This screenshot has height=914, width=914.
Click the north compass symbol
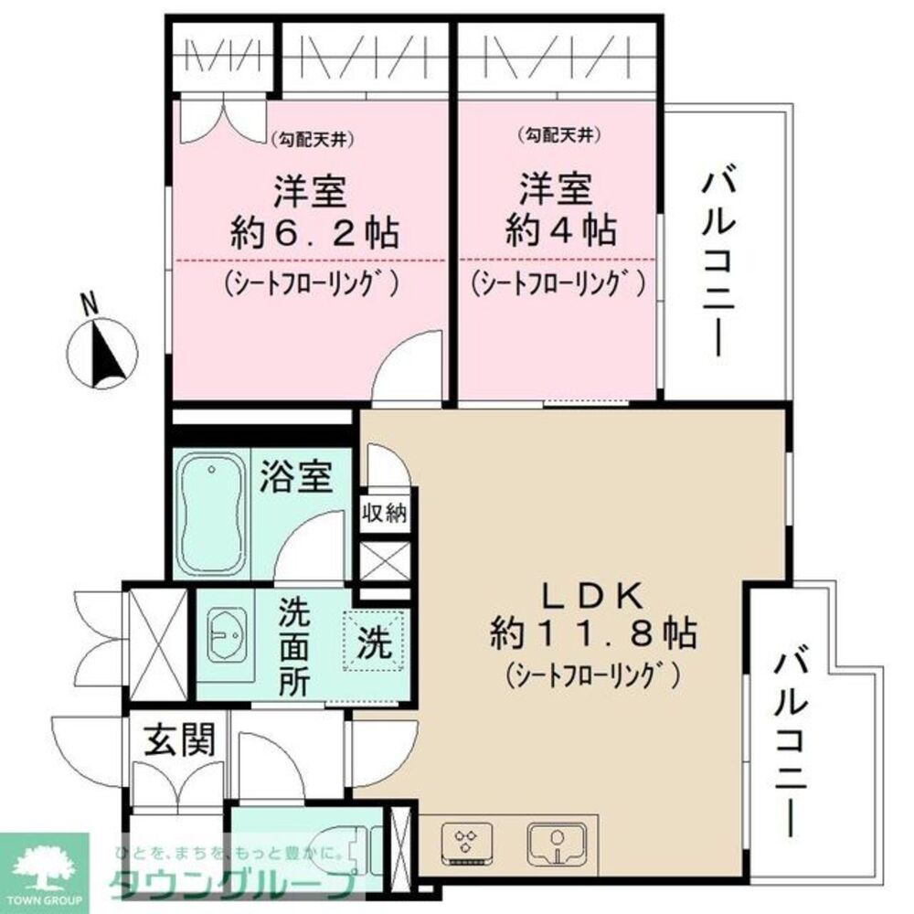102,352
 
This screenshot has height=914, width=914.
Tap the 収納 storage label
385,513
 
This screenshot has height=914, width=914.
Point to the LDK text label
595,597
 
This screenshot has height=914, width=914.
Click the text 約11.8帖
595,632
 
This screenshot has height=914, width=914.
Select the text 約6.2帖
312,233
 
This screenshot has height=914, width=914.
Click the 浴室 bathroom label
295,477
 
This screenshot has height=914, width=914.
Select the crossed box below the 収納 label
385,561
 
